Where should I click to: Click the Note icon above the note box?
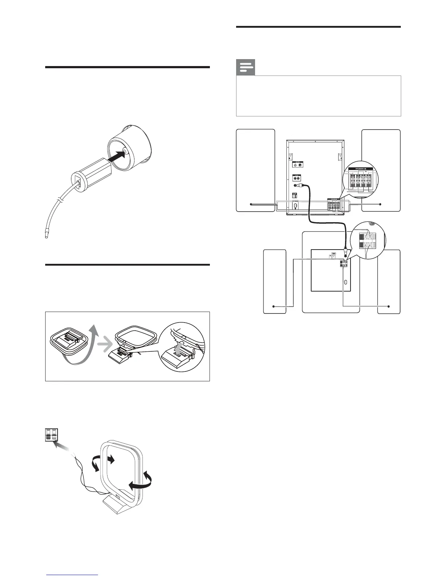coord(246,68)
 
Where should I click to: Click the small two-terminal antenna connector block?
coord(51,435)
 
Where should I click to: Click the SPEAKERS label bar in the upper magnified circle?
coord(360,169)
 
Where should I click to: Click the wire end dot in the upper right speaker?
coord(380,204)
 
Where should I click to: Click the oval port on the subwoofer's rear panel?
coord(345,282)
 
